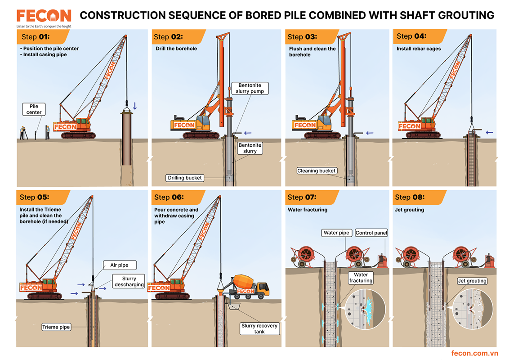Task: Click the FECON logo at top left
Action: point(44,16)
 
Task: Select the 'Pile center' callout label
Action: point(34,109)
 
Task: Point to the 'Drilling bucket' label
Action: point(185,178)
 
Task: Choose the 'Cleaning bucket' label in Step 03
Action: point(317,171)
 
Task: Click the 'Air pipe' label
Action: point(119,265)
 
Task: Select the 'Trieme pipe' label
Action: point(56,327)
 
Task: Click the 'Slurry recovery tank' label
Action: point(259,328)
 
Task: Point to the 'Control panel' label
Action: point(371,233)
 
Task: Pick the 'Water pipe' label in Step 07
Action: point(337,233)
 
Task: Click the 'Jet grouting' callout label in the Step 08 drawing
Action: point(472,281)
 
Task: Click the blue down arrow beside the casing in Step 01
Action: point(134,106)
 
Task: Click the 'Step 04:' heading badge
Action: point(411,36)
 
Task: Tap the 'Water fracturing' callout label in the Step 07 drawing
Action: point(361,278)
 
